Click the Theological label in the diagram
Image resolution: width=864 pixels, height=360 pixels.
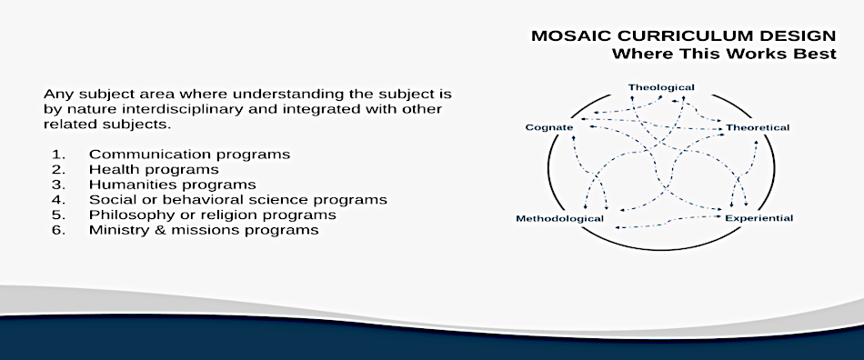[661, 87]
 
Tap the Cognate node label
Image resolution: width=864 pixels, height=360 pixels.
[548, 127]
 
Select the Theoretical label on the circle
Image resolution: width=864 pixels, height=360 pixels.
[758, 127]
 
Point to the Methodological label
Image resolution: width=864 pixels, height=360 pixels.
[560, 218]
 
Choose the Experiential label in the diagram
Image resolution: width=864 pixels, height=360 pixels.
[759, 218]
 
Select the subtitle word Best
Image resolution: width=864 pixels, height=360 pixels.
[818, 55]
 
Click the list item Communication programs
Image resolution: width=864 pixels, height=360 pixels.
[189, 155]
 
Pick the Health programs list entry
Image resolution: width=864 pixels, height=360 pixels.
[154, 169]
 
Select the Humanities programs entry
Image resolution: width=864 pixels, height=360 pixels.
[173, 185]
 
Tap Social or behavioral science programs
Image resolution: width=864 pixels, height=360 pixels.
[238, 200]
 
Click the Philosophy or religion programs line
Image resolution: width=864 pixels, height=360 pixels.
[213, 215]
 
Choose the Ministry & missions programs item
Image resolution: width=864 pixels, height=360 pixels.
[204, 229]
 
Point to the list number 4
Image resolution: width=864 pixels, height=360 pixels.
[58, 200]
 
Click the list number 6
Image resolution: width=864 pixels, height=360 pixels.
[58, 229]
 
